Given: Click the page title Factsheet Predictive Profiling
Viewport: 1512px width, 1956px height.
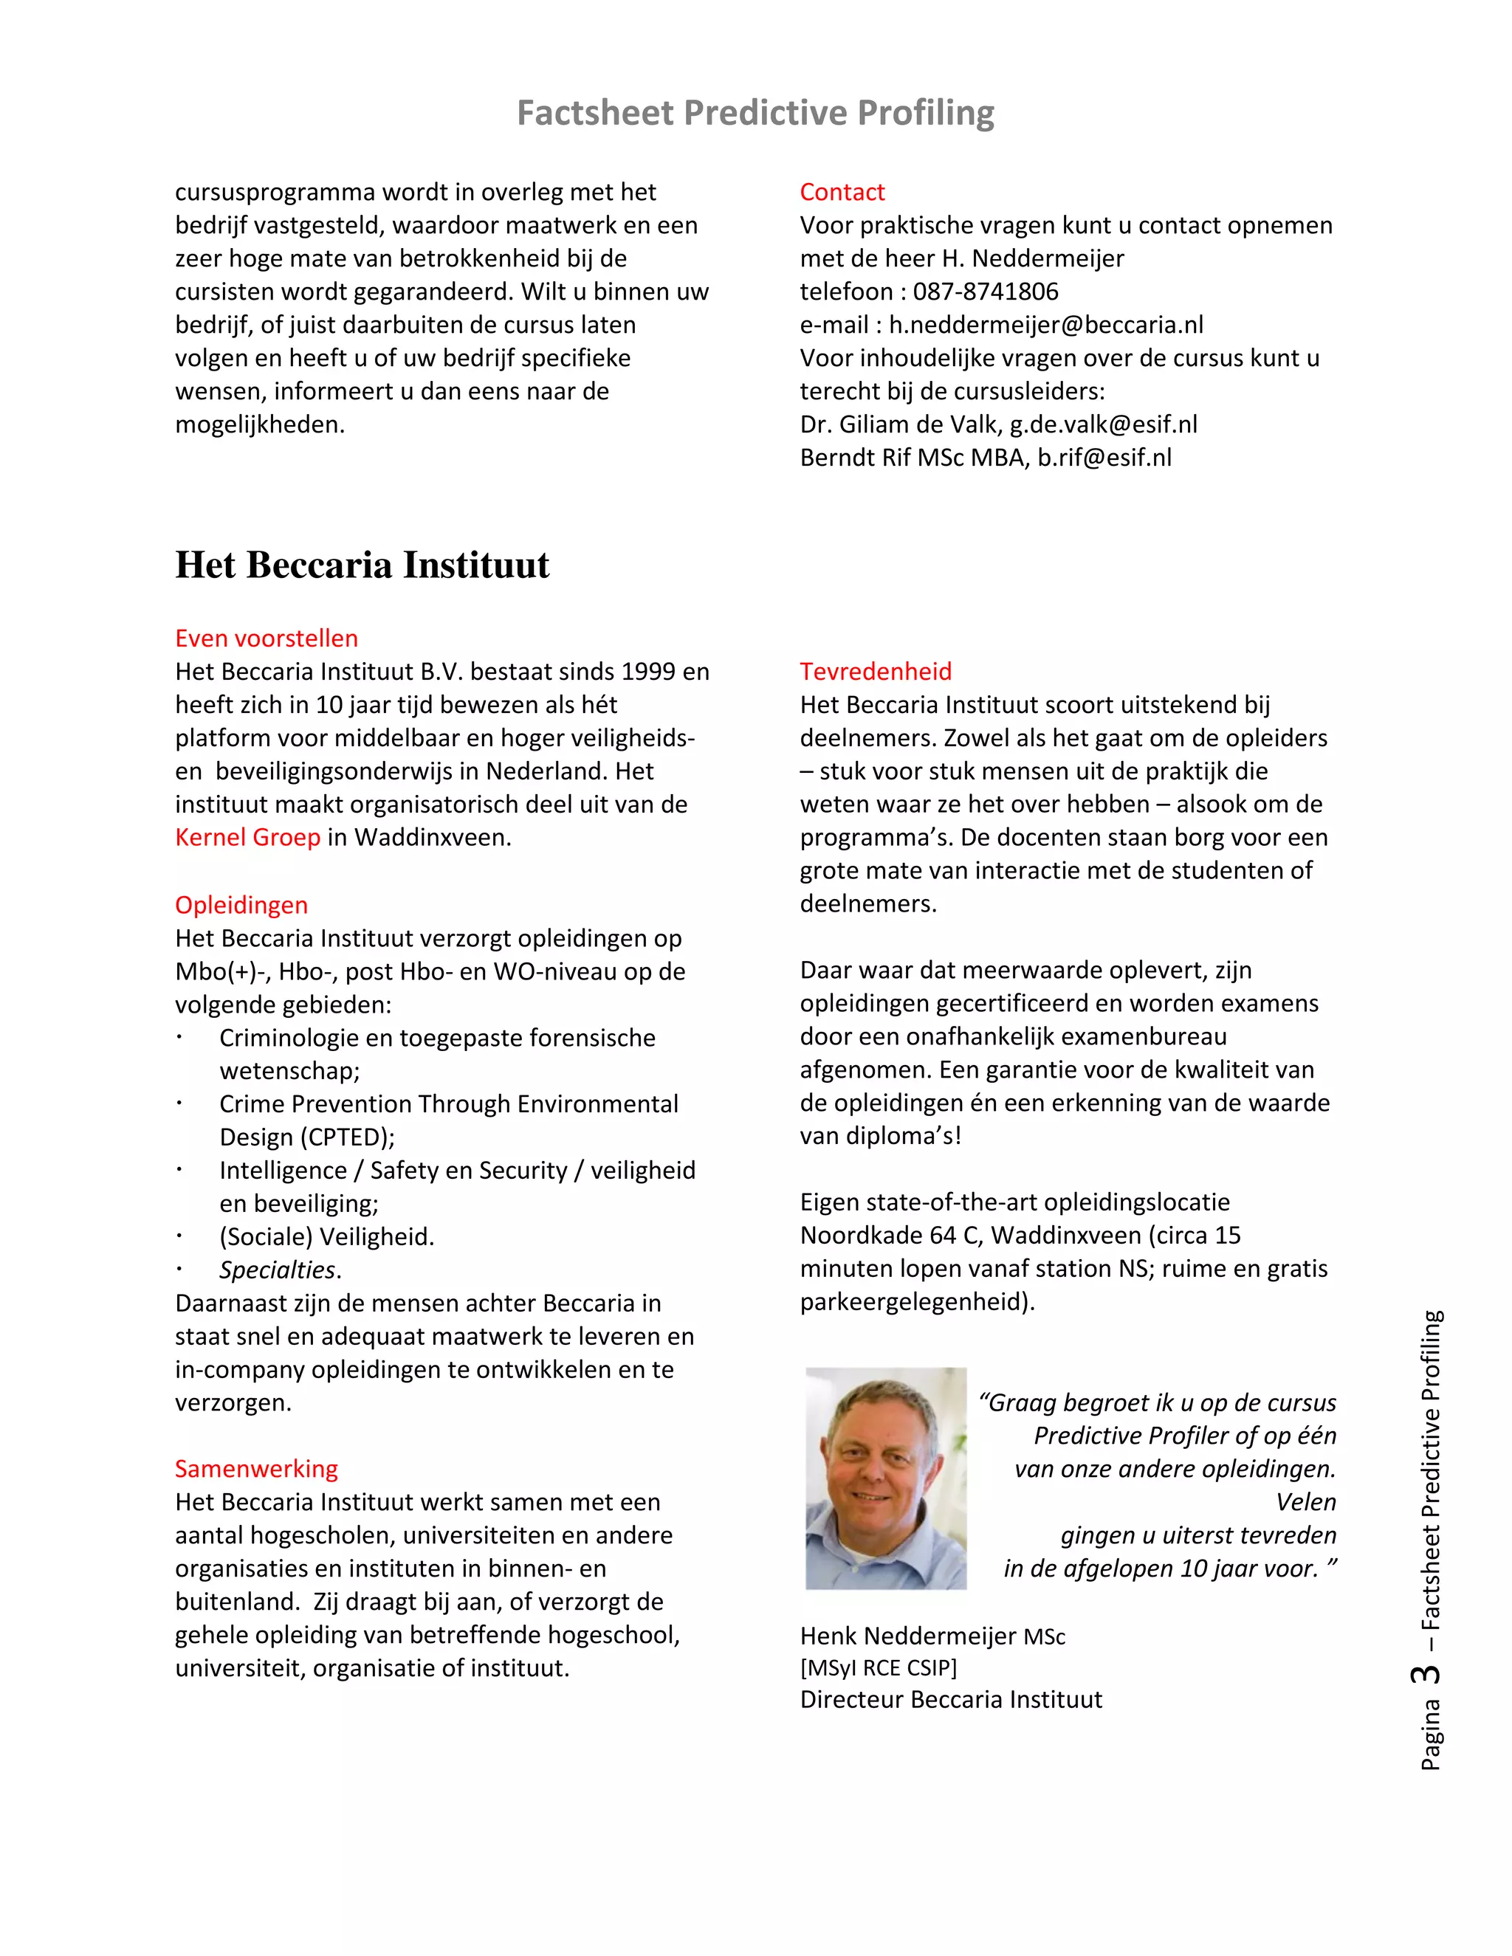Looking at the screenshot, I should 755,114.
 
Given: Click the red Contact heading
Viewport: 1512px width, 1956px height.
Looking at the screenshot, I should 841,192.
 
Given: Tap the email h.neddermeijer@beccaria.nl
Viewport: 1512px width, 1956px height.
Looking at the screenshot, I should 1045,324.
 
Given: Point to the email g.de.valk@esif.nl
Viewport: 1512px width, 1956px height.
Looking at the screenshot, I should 1103,424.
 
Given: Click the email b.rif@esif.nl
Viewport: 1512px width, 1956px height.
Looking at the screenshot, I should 1104,457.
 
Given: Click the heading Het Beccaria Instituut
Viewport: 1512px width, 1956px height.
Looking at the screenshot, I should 362,565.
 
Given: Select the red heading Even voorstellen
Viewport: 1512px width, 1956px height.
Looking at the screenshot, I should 266,638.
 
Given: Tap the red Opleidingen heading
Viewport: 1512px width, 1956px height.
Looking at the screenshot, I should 241,905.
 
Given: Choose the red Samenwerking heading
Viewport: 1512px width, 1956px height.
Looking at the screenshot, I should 256,1468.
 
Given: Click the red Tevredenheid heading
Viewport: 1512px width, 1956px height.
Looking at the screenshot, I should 875,671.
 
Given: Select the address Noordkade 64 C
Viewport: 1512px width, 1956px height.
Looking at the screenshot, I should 890,1235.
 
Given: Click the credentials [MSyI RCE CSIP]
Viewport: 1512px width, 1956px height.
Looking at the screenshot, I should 878,1667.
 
